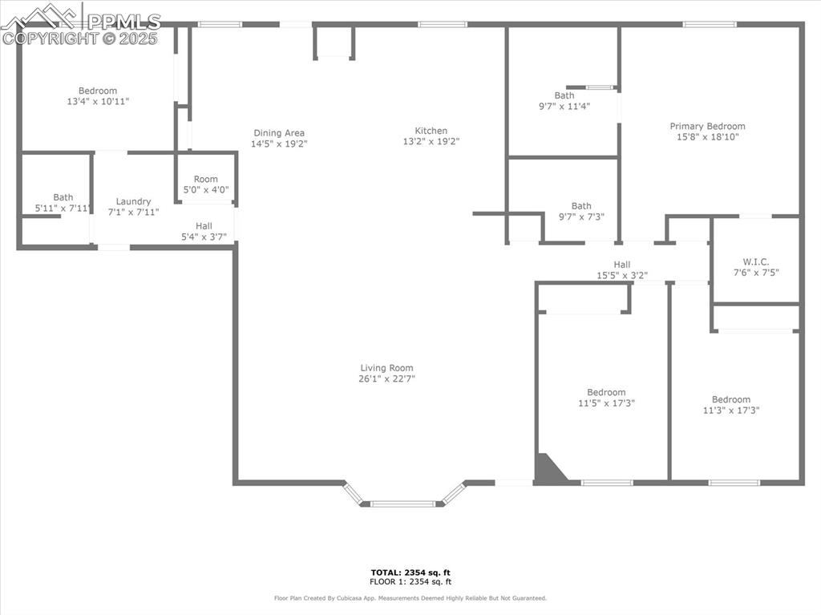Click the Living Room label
[387, 368]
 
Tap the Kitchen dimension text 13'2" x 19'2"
[431, 142]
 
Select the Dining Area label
[279, 133]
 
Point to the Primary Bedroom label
[707, 126]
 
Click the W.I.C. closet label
[755, 261]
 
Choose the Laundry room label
[133, 201]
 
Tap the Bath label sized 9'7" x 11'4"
[564, 95]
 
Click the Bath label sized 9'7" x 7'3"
[581, 206]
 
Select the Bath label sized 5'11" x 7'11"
[63, 197]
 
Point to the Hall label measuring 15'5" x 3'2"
[622, 265]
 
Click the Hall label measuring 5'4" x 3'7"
[204, 226]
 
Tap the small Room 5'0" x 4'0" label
[206, 179]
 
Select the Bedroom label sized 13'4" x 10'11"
[98, 91]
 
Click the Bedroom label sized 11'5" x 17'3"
[606, 392]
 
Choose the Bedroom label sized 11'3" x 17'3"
[731, 399]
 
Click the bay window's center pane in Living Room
[402, 504]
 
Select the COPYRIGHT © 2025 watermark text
[80, 38]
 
